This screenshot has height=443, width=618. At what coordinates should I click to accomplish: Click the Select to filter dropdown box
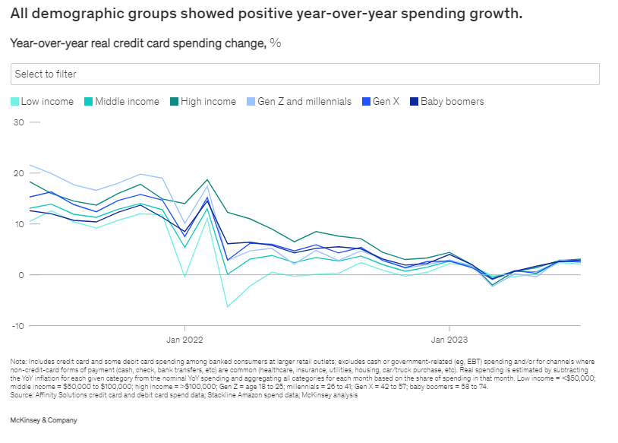click(304, 74)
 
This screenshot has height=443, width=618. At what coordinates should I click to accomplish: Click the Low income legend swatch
click(14, 101)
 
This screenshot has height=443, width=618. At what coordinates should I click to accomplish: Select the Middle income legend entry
click(121, 101)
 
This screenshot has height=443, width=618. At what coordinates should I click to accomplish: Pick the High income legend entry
click(203, 101)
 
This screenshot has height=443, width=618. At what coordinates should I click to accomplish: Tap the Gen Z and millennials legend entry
click(299, 101)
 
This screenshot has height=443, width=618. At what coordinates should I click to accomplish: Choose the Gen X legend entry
click(380, 101)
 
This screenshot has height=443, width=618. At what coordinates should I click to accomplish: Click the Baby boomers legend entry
click(447, 101)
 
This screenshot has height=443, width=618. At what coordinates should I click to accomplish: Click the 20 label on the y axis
click(18, 173)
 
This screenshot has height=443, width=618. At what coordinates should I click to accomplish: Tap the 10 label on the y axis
click(19, 224)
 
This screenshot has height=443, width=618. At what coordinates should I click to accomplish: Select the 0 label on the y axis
click(21, 275)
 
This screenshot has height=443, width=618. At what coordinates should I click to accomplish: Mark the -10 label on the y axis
click(17, 326)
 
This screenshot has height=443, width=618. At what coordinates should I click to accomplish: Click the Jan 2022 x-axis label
click(184, 340)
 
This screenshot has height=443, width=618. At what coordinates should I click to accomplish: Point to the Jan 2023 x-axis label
click(449, 340)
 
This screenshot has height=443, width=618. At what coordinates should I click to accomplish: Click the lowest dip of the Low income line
click(228, 307)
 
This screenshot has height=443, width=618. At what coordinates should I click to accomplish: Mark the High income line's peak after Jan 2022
click(207, 180)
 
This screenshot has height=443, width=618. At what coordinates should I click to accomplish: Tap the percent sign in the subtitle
click(276, 43)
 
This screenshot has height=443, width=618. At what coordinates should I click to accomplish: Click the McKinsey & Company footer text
click(44, 420)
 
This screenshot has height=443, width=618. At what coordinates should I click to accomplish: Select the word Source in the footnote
click(21, 395)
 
